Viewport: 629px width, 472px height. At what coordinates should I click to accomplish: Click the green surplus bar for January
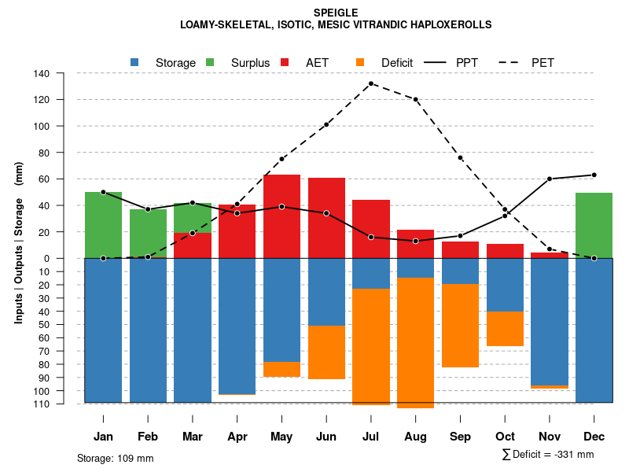103,225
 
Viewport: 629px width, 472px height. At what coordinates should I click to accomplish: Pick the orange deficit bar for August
415,343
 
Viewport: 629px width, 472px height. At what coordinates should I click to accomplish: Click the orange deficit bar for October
505,329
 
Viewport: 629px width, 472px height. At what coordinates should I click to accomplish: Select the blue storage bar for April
237,326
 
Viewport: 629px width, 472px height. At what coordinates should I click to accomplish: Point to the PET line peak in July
371,83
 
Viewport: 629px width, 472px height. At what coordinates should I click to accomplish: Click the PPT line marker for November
550,179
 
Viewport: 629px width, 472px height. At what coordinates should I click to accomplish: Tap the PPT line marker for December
594,175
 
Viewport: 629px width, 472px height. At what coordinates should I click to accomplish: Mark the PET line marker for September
460,158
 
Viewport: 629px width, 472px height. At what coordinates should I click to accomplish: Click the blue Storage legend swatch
135,62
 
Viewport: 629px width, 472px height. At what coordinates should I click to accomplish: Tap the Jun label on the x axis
326,437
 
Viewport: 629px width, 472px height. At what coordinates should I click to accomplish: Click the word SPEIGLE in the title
335,13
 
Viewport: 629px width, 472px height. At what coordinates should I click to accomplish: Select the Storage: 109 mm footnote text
115,458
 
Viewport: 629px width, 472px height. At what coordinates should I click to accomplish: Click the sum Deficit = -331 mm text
547,454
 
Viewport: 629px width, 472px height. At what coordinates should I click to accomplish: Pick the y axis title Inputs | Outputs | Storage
19,242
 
